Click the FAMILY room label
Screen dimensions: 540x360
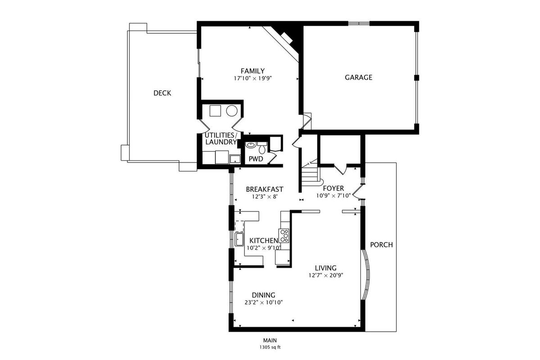[252, 71]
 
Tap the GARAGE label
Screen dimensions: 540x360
[359, 77]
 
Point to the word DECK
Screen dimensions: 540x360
[162, 93]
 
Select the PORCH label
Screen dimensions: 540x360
[382, 245]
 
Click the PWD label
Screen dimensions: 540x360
[256, 159]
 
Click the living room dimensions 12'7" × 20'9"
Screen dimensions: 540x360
[326, 275]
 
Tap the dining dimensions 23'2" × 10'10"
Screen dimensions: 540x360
[264, 302]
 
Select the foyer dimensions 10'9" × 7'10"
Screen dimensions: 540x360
[333, 196]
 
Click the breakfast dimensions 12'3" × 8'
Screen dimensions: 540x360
[265, 197]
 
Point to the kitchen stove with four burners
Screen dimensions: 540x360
[284, 236]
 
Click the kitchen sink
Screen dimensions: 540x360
[239, 239]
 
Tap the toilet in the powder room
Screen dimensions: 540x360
[261, 148]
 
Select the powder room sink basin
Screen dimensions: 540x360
[251, 145]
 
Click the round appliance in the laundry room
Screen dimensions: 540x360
[232, 111]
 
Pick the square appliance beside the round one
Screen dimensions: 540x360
[215, 111]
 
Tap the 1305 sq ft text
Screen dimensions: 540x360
[270, 347]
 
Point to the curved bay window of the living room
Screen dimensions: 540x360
[365, 274]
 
